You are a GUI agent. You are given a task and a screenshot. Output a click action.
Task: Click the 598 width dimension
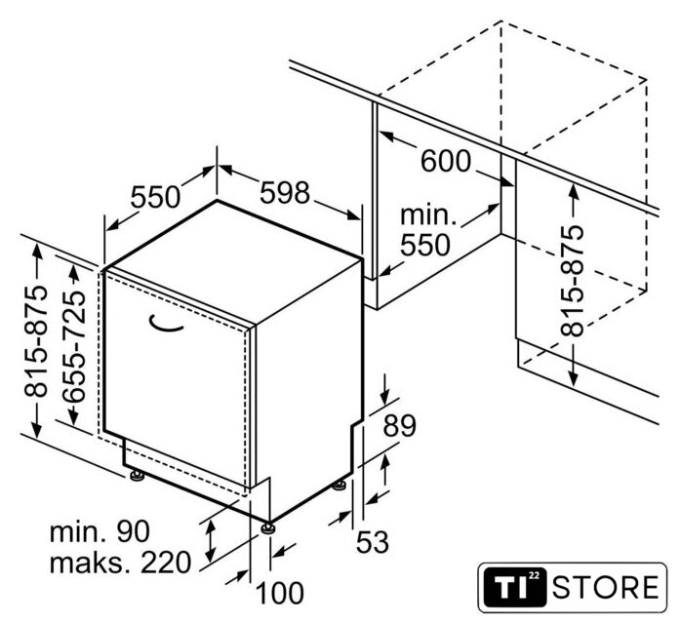285,192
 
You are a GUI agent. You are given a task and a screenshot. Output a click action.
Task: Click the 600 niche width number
446,161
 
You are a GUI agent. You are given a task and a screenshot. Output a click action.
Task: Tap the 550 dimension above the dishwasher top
155,197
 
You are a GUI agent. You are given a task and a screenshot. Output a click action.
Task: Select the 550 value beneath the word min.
425,246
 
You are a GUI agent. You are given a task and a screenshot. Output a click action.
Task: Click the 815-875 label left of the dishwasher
35,341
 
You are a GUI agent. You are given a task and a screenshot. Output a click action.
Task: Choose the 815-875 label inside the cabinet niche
573,281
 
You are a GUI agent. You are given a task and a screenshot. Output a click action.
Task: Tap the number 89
399,425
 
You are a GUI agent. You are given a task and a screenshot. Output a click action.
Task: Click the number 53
373,542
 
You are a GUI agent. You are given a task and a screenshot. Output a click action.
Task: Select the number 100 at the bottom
280,593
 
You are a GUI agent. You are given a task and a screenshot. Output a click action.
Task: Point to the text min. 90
100,531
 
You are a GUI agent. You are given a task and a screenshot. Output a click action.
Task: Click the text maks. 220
120,563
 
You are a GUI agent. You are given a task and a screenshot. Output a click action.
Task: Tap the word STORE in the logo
606,588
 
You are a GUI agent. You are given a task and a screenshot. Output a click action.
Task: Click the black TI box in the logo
515,588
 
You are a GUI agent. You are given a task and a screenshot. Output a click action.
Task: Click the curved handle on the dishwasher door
165,324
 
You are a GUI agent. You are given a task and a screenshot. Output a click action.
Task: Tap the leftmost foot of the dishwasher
137,476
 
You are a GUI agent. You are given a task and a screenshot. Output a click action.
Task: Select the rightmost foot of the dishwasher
340,486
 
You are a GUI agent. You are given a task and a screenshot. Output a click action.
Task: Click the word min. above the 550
428,214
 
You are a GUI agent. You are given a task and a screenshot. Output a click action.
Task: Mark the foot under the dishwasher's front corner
267,527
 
